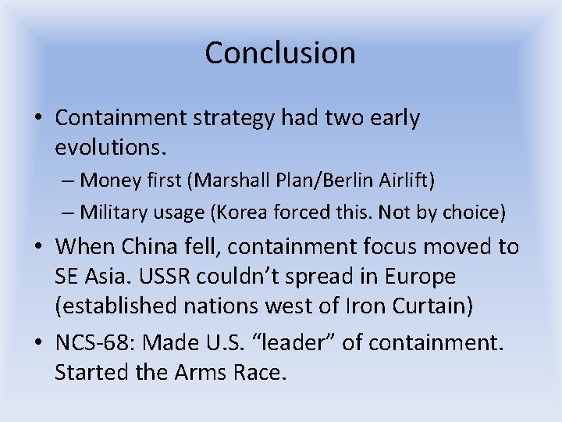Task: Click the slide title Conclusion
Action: click(x=280, y=53)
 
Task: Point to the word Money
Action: click(x=110, y=181)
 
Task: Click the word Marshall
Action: click(x=225, y=181)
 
